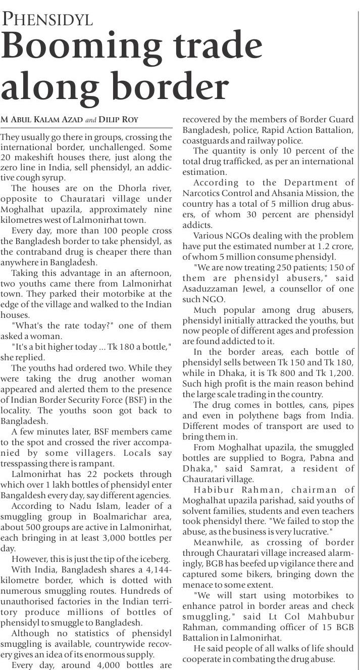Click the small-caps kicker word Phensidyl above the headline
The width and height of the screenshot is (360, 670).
pos(48,19)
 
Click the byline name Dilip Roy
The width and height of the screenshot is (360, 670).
pos(119,120)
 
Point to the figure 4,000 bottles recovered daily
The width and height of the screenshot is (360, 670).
pos(99,665)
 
